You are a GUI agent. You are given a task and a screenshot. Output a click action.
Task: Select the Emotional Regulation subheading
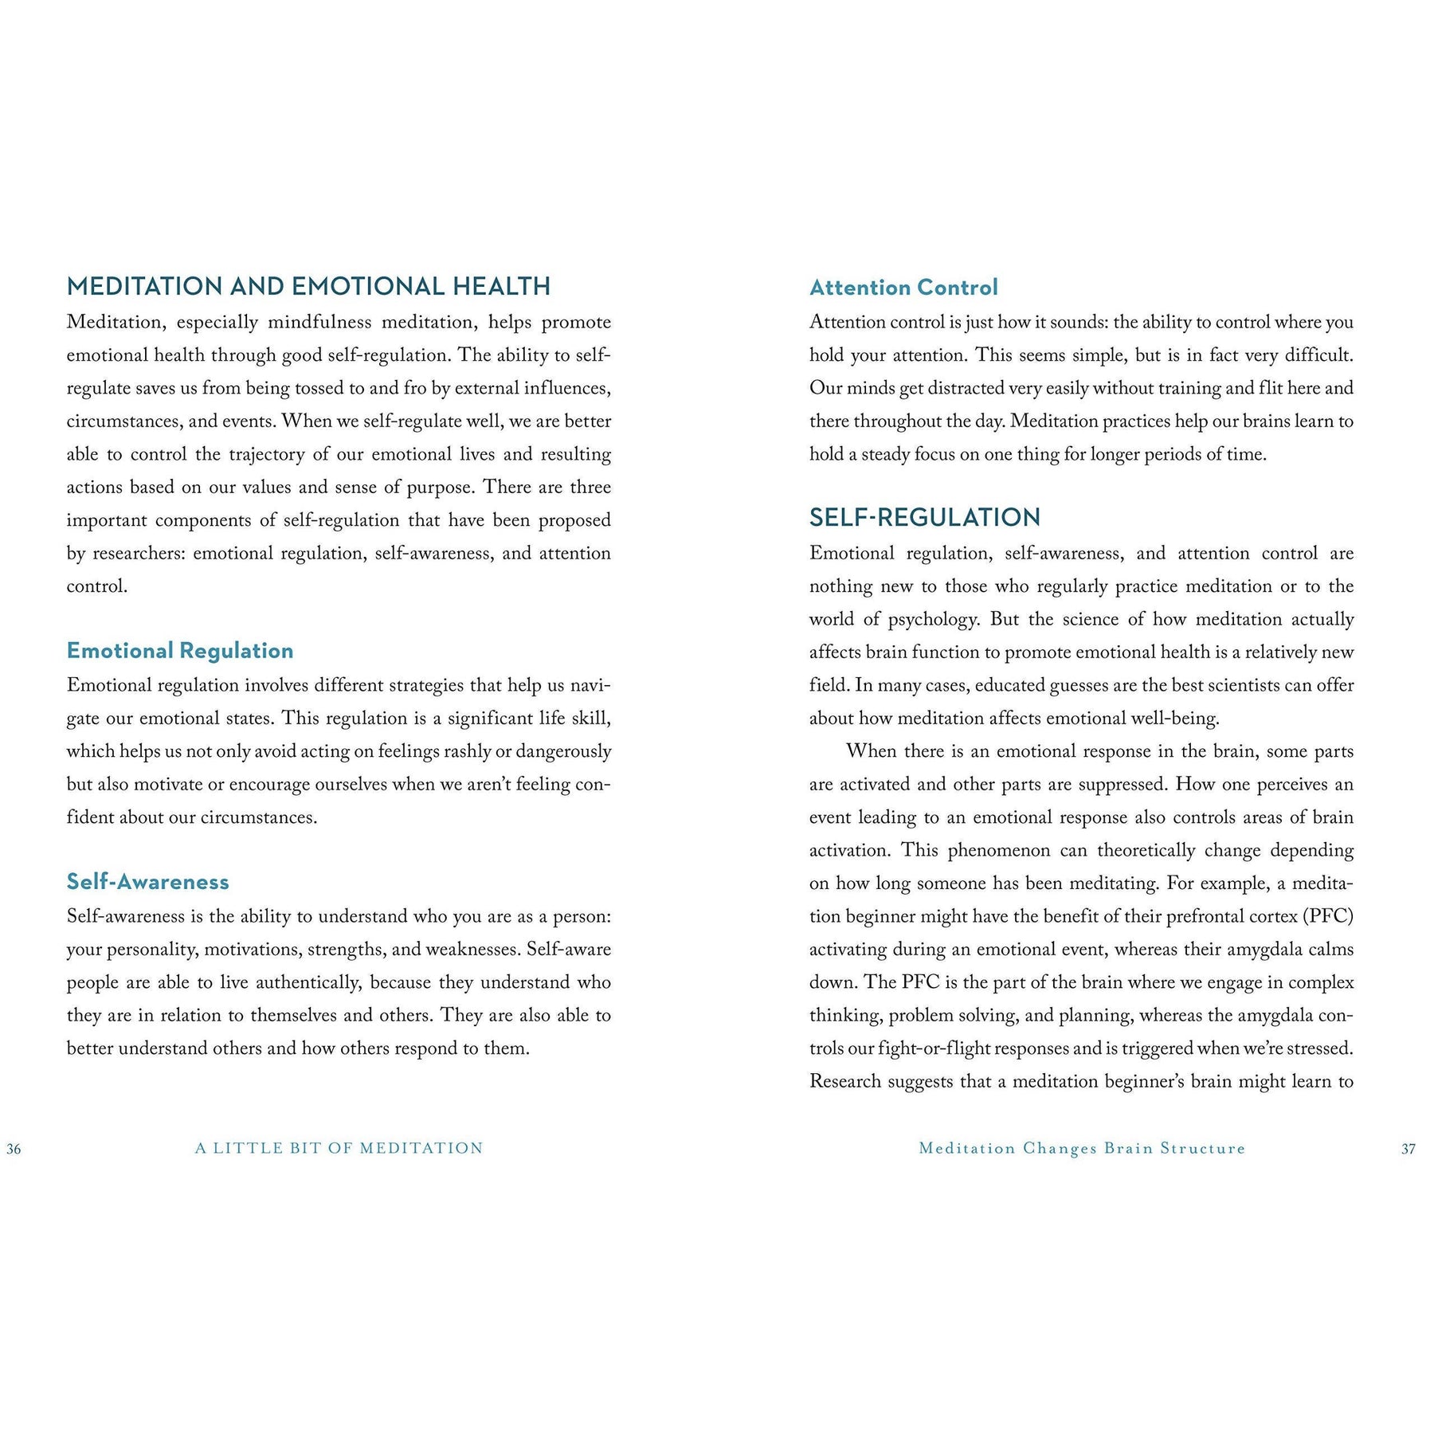click(x=180, y=651)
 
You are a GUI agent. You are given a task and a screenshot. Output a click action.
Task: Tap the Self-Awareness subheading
click(x=148, y=882)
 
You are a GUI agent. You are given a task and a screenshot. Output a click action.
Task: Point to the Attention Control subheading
click(x=903, y=288)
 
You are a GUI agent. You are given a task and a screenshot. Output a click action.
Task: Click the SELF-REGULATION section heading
click(x=925, y=518)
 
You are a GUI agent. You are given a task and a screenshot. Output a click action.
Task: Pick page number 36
click(x=14, y=1149)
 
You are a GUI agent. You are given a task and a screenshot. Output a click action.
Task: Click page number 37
click(x=1409, y=1149)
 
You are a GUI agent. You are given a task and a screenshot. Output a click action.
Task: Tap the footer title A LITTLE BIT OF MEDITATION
click(x=339, y=1148)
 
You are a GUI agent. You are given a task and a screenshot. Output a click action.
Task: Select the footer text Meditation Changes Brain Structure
click(x=1082, y=1148)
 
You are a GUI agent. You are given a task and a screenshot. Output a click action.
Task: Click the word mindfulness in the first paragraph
click(x=319, y=322)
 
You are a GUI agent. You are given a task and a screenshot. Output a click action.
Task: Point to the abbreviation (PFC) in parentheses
click(x=1328, y=916)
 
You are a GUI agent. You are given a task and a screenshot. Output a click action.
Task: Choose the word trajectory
click(x=266, y=454)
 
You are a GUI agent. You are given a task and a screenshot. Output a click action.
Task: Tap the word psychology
click(x=933, y=619)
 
